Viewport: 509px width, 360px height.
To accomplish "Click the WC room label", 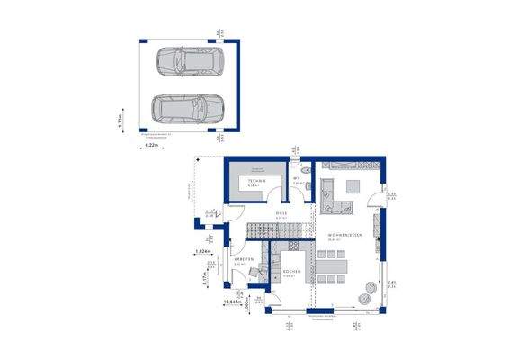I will (294, 179).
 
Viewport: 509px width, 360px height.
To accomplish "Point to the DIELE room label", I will (280, 214).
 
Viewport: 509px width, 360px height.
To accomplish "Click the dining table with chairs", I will (335, 267).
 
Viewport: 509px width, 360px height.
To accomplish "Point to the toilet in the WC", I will (306, 171).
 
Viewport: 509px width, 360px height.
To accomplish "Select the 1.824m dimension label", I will (202, 252).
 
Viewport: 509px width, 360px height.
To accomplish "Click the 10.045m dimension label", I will (232, 303).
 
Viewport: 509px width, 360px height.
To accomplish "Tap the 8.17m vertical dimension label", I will (206, 280).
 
